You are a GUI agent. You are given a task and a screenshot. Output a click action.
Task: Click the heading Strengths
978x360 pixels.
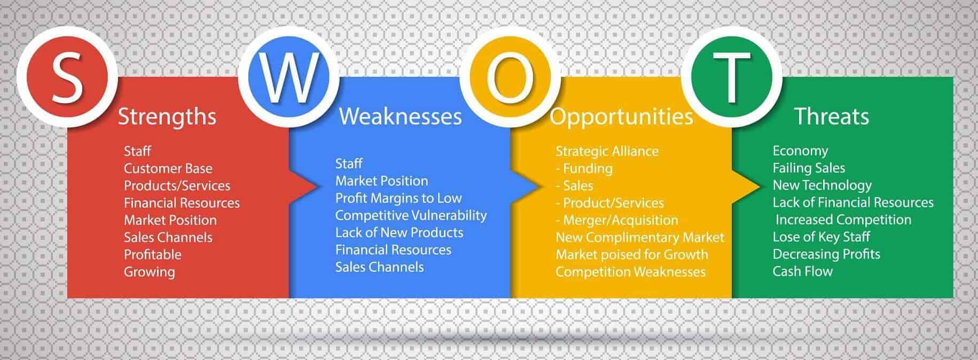tap(167, 116)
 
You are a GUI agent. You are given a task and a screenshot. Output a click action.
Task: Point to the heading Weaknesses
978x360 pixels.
tap(400, 116)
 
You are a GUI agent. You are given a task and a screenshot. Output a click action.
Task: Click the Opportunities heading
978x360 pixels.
tap(621, 116)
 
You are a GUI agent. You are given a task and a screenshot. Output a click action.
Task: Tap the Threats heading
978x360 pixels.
tap(831, 116)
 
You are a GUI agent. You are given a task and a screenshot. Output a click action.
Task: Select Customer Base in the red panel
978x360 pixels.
tap(168, 169)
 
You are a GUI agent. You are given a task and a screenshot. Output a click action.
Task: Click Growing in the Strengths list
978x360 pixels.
tap(149, 272)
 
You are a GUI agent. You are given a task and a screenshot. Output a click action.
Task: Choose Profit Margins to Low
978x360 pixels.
tap(398, 198)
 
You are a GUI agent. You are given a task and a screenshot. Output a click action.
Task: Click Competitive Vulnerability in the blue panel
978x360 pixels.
tap(411, 215)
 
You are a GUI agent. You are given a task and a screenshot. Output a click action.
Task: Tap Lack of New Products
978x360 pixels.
tap(399, 233)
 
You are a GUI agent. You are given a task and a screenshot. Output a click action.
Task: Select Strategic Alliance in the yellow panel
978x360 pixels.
tap(607, 151)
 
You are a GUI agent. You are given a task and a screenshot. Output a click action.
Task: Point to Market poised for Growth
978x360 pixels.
tap(631, 255)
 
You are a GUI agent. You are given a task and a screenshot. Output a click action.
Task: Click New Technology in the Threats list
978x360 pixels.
tap(821, 185)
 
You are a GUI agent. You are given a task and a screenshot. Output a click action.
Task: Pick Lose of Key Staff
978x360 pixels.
tap(821, 237)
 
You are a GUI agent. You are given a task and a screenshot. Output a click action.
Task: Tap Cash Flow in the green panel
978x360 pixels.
tap(802, 271)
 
